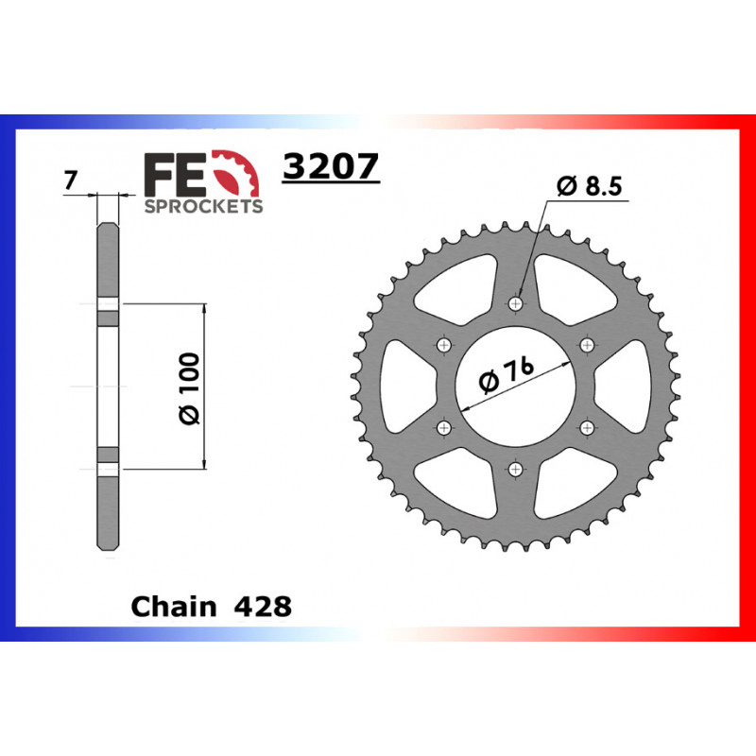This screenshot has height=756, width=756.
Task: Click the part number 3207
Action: point(331,167)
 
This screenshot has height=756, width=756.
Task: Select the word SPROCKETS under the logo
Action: point(202,206)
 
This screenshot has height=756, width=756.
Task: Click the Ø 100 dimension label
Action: point(188,387)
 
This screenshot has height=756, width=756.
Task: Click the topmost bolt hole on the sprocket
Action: point(515,304)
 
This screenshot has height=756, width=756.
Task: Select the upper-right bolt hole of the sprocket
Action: point(586,345)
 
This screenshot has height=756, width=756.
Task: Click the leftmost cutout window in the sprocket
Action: point(404,386)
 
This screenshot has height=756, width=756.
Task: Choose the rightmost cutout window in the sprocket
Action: point(626,386)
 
